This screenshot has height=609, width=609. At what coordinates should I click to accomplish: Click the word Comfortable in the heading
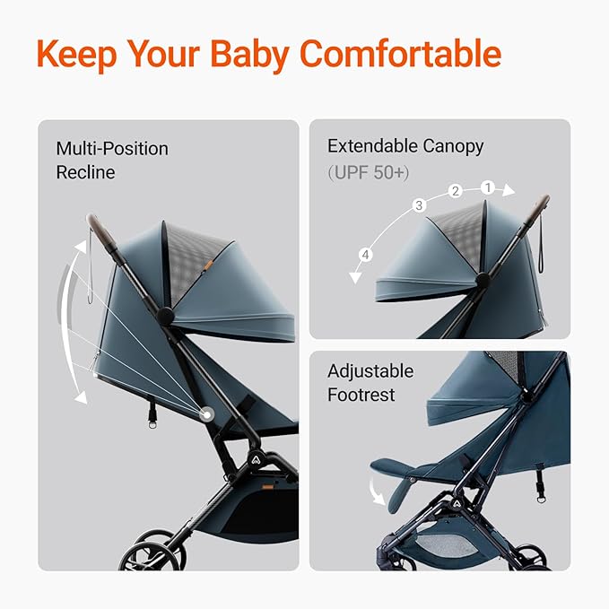[x=400, y=54]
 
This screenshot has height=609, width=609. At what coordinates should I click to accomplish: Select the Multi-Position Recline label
[x=112, y=160]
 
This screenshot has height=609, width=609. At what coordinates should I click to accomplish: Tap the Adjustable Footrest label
[x=370, y=383]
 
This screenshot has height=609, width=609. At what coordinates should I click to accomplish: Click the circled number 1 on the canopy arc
[x=488, y=187]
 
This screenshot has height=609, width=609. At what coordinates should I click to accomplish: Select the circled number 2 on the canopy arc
[x=456, y=191]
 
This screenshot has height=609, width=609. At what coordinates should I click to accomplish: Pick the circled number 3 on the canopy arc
[x=418, y=205]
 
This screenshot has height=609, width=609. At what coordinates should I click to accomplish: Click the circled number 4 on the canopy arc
[x=365, y=256]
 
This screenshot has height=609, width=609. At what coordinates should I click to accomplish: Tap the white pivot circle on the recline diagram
[x=208, y=413]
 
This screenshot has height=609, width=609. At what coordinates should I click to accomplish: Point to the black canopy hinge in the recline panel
[x=165, y=316]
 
